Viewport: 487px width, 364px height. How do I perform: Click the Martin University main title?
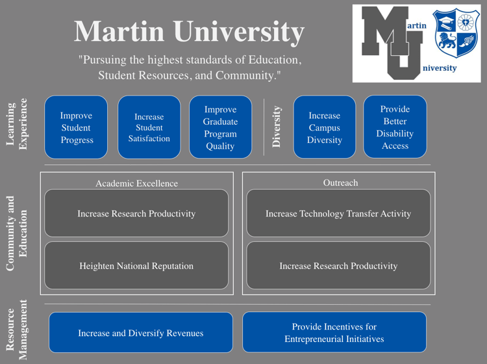click(189, 31)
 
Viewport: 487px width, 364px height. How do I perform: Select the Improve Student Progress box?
click(76, 127)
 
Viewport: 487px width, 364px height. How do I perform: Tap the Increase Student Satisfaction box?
click(149, 127)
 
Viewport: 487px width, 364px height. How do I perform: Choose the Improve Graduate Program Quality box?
click(220, 127)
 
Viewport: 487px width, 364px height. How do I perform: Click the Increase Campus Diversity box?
click(324, 127)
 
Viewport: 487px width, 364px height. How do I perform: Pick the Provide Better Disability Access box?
click(395, 127)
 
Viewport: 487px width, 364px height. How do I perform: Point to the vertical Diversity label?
click(277, 127)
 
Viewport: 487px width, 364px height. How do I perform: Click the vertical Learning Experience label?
click(19, 124)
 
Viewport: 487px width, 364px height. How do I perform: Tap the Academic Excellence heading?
click(136, 183)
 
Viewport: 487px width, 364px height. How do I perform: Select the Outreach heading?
click(340, 183)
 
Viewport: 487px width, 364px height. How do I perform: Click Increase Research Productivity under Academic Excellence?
click(136, 213)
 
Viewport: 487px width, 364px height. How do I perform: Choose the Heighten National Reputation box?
click(136, 265)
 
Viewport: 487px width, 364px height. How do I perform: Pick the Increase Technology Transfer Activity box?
click(338, 213)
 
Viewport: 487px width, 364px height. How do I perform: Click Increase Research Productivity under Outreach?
click(338, 265)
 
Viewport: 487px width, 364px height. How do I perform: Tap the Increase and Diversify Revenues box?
click(140, 333)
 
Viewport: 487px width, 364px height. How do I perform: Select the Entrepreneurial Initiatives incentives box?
click(334, 333)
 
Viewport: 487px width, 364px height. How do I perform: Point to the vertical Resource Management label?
click(19, 330)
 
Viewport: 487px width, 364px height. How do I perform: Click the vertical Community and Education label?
click(19, 233)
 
